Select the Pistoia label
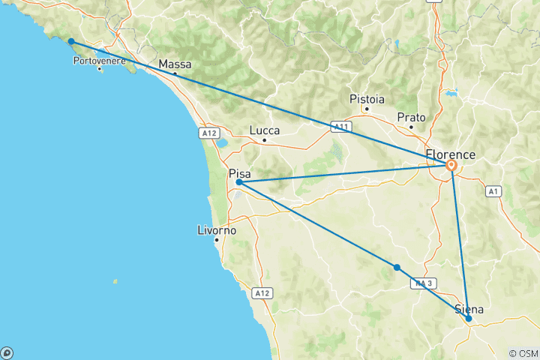[367, 99]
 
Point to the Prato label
[411, 118]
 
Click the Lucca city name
[264, 130]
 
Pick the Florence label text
[450, 154]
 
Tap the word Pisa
[240, 173]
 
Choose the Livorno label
[216, 230]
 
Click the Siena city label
[468, 310]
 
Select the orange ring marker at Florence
[451, 166]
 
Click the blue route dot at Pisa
[238, 182]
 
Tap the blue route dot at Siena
[469, 319]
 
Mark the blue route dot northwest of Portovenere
[70, 41]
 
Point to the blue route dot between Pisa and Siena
[397, 268]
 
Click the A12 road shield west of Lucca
[209, 132]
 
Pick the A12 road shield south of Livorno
[261, 292]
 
